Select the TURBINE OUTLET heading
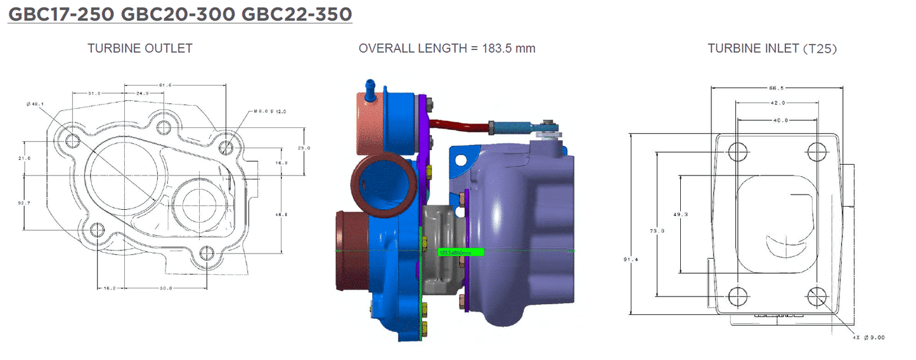[x=139, y=48]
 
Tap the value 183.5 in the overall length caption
[x=497, y=48]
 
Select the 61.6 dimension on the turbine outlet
[x=165, y=84]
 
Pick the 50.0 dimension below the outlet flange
[x=165, y=288]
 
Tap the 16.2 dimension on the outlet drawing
[x=110, y=288]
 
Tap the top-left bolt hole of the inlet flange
[x=737, y=152]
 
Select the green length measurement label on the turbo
[x=461, y=252]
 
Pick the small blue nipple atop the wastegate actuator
[x=368, y=86]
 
